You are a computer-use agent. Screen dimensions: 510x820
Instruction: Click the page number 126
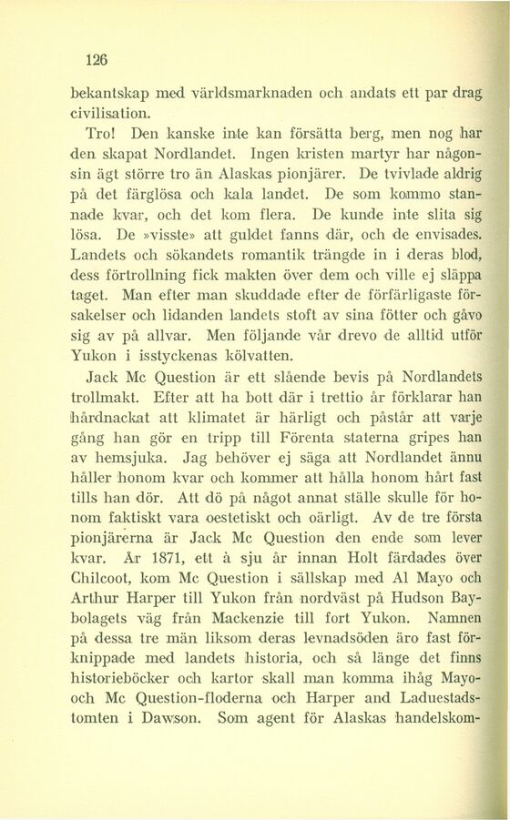click(x=96, y=61)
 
